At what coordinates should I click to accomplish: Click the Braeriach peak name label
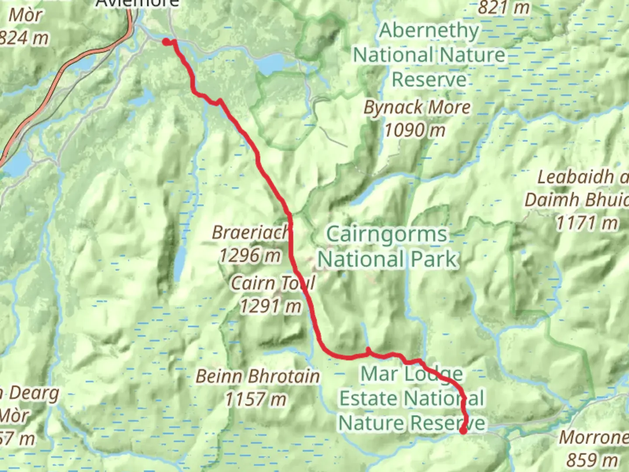click(250, 232)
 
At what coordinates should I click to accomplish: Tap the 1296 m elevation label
click(250, 255)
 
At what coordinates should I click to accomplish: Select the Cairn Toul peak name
click(272, 283)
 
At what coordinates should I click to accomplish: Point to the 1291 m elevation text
click(271, 306)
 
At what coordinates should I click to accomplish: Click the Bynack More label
click(417, 108)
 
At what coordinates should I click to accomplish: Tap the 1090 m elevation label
click(415, 130)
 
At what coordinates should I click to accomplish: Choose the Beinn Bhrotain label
click(257, 376)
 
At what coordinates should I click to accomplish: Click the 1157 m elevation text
click(256, 399)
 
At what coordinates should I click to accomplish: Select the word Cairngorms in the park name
click(387, 234)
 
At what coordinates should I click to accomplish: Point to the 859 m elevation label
click(592, 460)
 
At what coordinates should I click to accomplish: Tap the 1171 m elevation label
click(587, 223)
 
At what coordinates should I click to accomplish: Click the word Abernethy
click(429, 31)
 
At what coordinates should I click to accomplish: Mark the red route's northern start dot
click(166, 42)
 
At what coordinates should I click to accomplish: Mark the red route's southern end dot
click(463, 431)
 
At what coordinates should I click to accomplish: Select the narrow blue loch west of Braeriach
click(180, 265)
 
